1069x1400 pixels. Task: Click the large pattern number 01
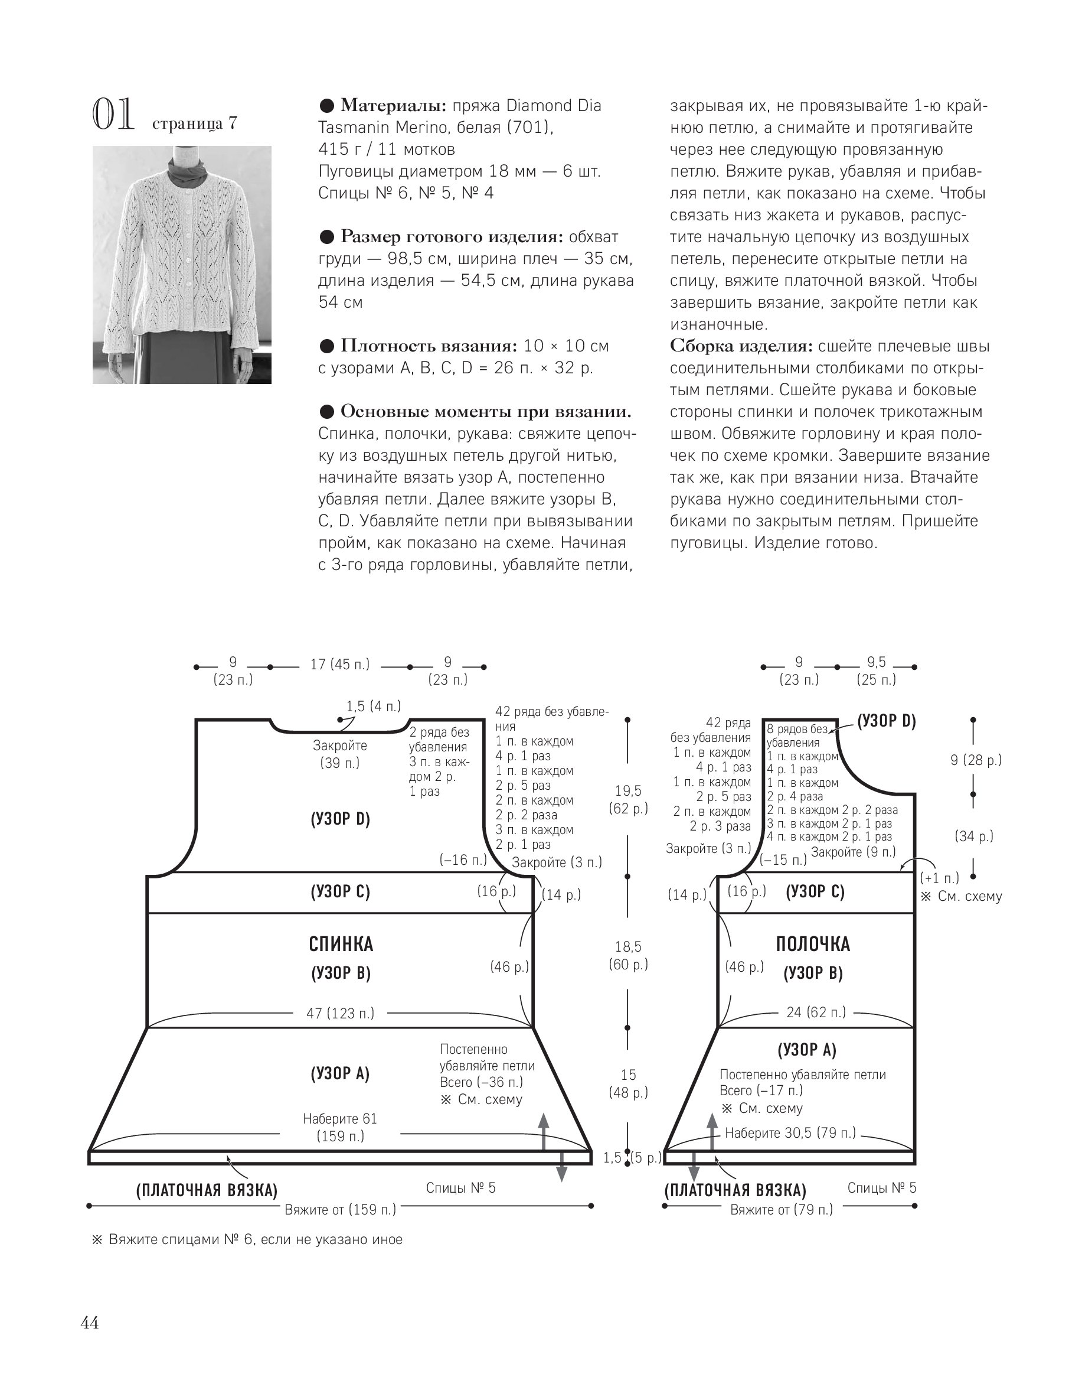click(113, 115)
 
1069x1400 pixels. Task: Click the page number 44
click(90, 1323)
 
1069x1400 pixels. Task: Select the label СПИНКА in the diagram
click(341, 944)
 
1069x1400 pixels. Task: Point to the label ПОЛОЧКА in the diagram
click(813, 944)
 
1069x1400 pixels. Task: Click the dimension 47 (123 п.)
click(340, 1013)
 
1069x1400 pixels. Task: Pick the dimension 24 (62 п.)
click(816, 1012)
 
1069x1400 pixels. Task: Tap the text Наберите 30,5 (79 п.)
click(790, 1132)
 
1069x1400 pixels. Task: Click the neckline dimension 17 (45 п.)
click(340, 665)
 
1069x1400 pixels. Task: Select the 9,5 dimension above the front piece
click(876, 663)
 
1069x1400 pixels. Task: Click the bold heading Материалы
click(393, 105)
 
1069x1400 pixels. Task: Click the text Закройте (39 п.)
click(340, 754)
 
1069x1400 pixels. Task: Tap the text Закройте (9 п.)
click(852, 852)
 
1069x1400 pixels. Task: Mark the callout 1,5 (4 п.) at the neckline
click(374, 706)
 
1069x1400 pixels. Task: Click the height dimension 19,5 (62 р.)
click(628, 799)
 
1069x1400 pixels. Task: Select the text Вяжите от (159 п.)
click(340, 1209)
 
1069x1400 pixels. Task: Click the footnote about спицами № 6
click(247, 1239)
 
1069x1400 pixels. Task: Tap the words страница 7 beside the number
click(194, 123)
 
